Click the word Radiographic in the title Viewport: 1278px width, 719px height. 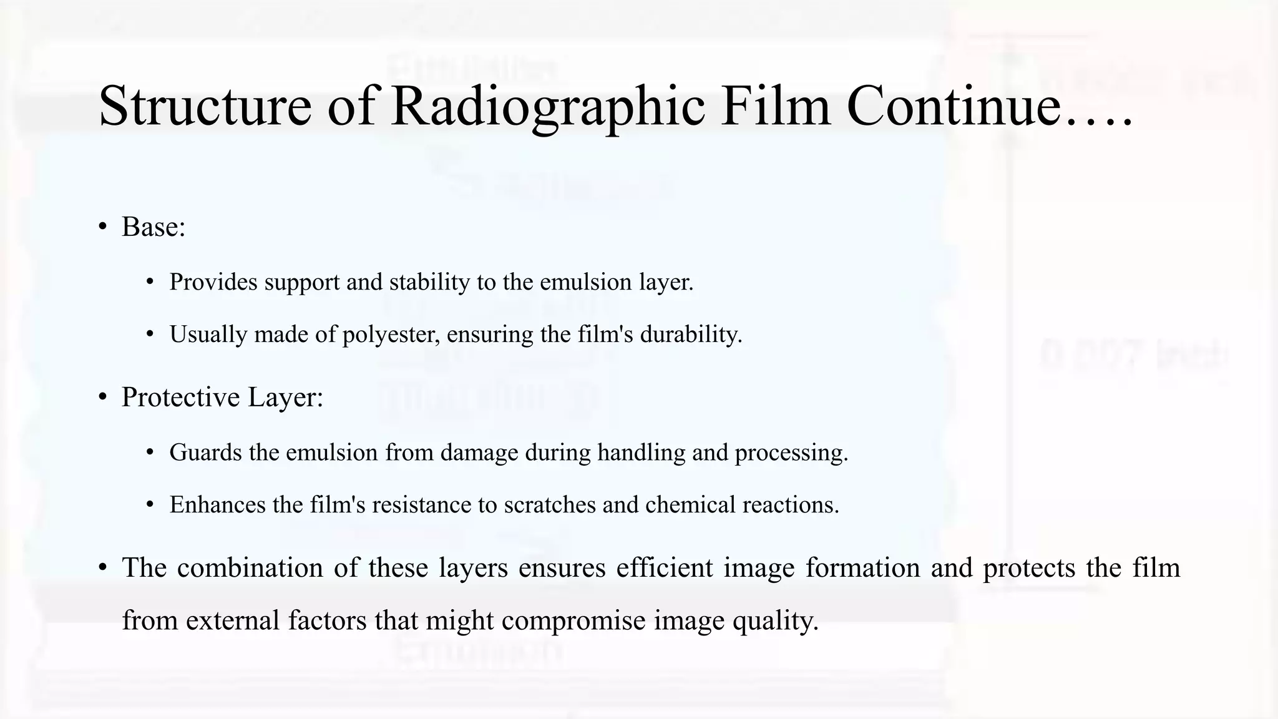coord(549,106)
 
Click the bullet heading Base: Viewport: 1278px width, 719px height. coord(154,227)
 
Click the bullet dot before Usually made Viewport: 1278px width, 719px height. coord(150,335)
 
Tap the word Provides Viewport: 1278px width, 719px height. coord(213,282)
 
